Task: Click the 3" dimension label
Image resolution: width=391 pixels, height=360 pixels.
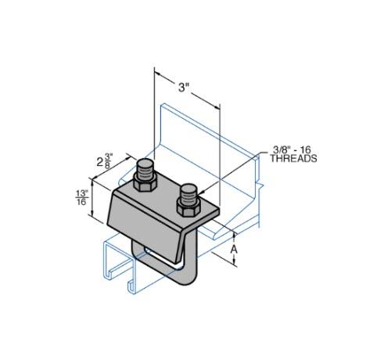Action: pyautogui.click(x=184, y=87)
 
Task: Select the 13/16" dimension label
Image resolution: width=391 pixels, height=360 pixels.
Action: pyautogui.click(x=82, y=198)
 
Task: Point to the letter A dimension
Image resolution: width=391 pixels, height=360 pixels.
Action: pyautogui.click(x=235, y=250)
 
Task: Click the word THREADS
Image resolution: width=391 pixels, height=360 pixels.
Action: pyautogui.click(x=293, y=159)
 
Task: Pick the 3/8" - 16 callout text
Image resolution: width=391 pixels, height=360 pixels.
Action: pyautogui.click(x=292, y=149)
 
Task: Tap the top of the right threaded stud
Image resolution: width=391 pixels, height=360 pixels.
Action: pyautogui.click(x=188, y=188)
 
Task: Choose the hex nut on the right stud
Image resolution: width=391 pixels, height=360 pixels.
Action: pyautogui.click(x=188, y=207)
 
